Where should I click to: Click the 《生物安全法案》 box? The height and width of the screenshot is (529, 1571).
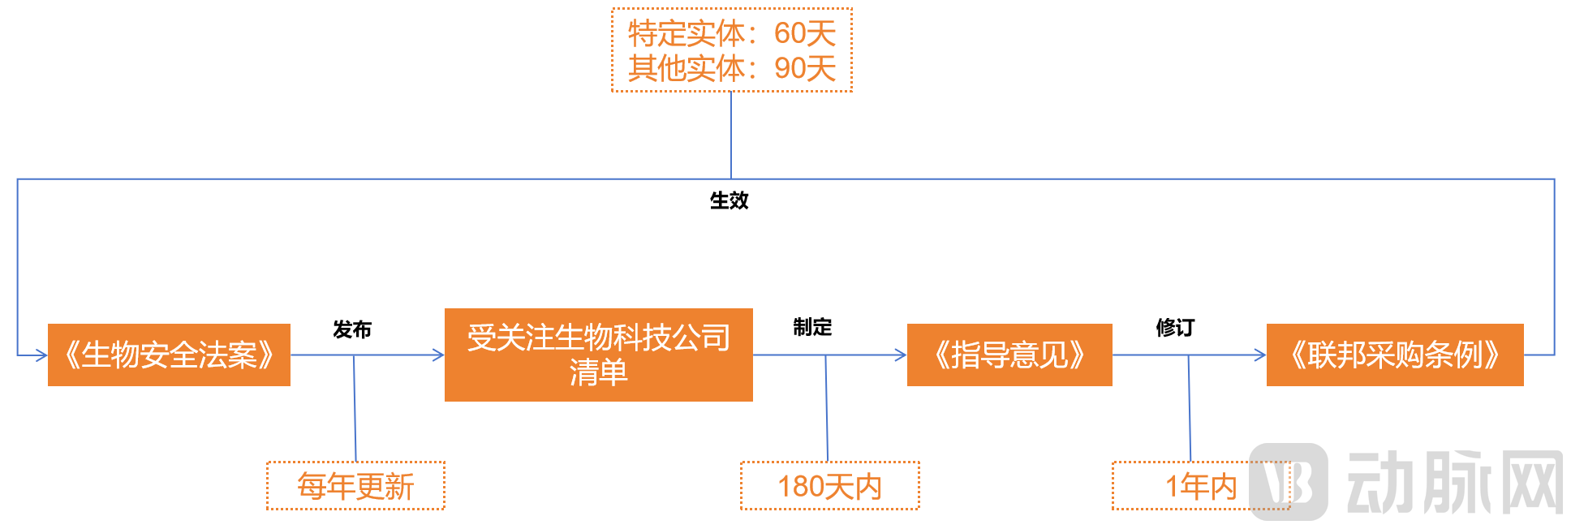point(169,355)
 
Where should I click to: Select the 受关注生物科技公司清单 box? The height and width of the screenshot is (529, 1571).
point(598,355)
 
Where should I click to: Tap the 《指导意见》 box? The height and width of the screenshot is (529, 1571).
point(1009,355)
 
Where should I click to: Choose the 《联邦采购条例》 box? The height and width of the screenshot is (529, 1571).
point(1394,355)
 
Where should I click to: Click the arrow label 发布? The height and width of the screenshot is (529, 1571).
point(352,329)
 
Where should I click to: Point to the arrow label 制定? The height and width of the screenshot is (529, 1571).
point(812,327)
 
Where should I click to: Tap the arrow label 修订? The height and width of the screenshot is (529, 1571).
point(1175,328)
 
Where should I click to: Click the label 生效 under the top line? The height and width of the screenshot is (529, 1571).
point(729,200)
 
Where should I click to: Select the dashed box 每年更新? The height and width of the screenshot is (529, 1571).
point(355,486)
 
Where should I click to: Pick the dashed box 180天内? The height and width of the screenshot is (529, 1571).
point(829,486)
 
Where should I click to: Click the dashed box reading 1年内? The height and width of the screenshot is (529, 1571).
point(1200,486)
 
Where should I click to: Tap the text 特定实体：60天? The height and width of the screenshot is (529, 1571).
point(731,33)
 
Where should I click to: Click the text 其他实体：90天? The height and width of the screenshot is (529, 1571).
point(731,68)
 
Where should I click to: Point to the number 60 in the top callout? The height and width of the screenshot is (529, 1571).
point(789,33)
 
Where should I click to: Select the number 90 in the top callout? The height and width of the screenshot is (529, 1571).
point(789,68)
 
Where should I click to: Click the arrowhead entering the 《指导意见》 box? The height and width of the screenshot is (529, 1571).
point(901,355)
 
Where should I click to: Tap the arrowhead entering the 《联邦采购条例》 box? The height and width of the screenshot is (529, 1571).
point(1260,355)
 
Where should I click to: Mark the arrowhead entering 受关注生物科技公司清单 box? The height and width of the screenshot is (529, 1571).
point(438,355)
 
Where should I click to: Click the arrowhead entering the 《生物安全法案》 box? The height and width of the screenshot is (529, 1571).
point(41,355)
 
